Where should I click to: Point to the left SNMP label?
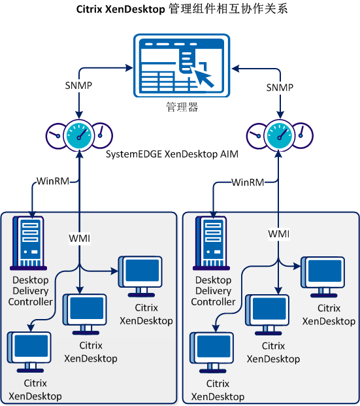[x=78, y=86]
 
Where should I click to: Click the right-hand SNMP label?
[x=280, y=86]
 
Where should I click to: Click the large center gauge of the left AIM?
[x=79, y=133]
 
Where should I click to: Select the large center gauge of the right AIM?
[x=280, y=133]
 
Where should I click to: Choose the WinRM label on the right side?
[x=248, y=182]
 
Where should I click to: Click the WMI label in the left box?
[x=79, y=237]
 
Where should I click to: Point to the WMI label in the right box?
[x=278, y=233]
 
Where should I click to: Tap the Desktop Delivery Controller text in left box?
[x=30, y=291]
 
